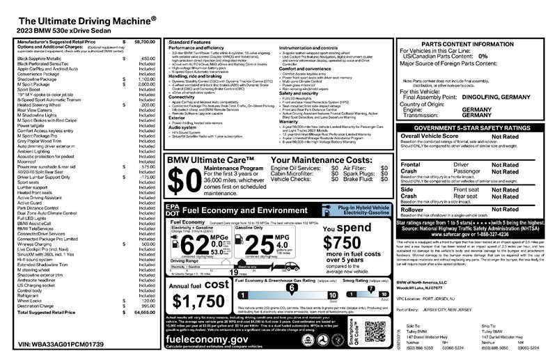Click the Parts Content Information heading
473,44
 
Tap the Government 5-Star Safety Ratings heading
473,129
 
